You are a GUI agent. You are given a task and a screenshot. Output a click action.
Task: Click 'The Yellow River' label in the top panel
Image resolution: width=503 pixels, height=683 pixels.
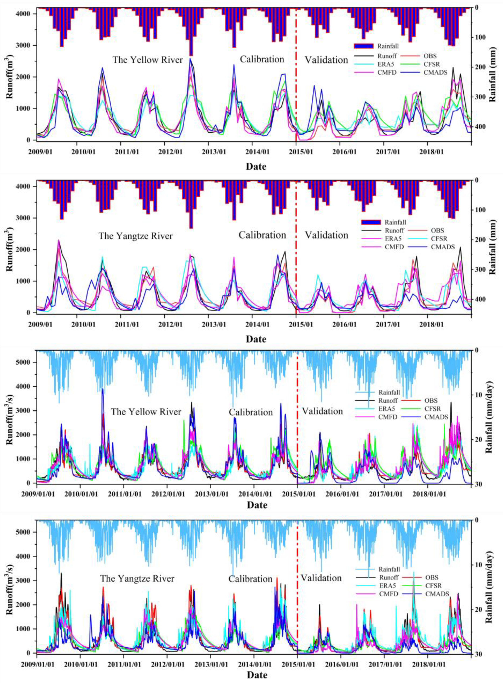(148, 60)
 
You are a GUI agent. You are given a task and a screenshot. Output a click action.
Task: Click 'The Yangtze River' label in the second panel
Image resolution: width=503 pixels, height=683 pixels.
(136, 236)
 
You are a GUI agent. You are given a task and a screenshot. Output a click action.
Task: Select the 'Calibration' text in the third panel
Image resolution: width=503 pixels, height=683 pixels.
(251, 412)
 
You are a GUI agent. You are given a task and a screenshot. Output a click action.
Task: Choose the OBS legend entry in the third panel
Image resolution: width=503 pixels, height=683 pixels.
(431, 400)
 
